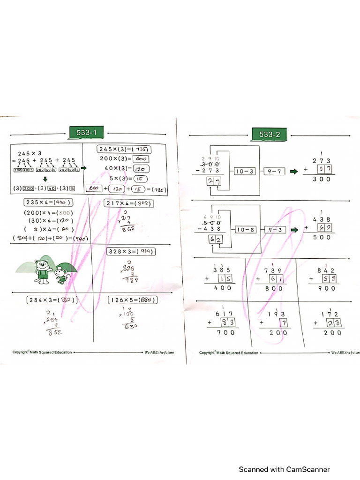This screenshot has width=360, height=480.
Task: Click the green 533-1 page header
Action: [x=86, y=133]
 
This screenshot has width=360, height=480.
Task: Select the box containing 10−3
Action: [x=245, y=172]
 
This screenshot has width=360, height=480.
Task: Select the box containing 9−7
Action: [x=274, y=172]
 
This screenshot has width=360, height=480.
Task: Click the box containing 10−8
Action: [x=245, y=230]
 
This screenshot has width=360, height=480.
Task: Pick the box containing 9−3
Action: [x=274, y=230]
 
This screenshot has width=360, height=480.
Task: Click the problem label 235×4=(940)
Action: [x=49, y=202]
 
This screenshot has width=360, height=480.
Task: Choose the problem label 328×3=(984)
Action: [x=132, y=251]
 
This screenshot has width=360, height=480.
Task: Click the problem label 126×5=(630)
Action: [x=133, y=300]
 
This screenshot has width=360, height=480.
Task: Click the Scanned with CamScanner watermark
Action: [x=285, y=469]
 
